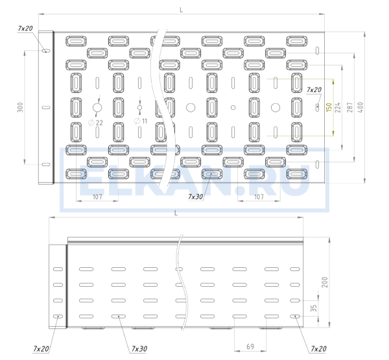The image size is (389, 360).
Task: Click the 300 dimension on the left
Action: coord(20,107)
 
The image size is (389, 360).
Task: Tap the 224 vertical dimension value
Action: coord(339,107)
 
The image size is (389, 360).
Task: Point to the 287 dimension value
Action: coord(349,107)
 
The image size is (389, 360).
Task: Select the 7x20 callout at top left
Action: coord(25,29)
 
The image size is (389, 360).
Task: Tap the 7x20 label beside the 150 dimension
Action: coord(314,90)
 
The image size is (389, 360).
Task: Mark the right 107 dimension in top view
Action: coord(259,196)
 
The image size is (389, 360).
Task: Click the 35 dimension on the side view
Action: coord(315,309)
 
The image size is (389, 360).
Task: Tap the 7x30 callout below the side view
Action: coord(139,349)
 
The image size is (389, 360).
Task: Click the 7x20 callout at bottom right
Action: coord(318,349)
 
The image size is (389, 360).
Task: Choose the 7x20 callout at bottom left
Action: coord(40,349)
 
